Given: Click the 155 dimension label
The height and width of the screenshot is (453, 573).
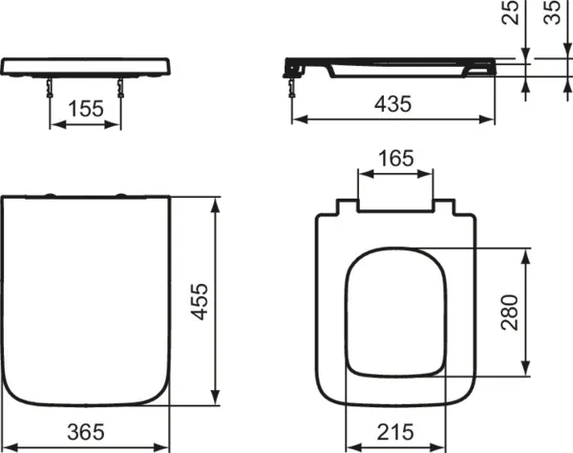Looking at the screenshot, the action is tap(86, 109).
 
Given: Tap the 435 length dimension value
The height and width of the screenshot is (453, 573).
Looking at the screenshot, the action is tap(393, 103).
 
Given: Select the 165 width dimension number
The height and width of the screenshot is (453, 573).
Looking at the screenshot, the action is tap(395, 159).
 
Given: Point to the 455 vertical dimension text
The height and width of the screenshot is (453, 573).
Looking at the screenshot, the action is tap(200, 302).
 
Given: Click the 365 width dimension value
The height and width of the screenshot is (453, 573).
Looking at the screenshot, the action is tap(86, 432).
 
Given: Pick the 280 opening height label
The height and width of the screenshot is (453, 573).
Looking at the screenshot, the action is tap(510, 313).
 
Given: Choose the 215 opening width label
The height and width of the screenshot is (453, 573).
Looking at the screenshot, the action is tap(395, 432).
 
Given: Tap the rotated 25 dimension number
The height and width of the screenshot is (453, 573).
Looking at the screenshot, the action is tap(511, 12).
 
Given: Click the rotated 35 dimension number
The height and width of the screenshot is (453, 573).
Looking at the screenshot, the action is tap(552, 12).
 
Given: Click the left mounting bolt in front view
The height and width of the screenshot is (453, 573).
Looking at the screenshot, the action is tap(50, 88).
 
